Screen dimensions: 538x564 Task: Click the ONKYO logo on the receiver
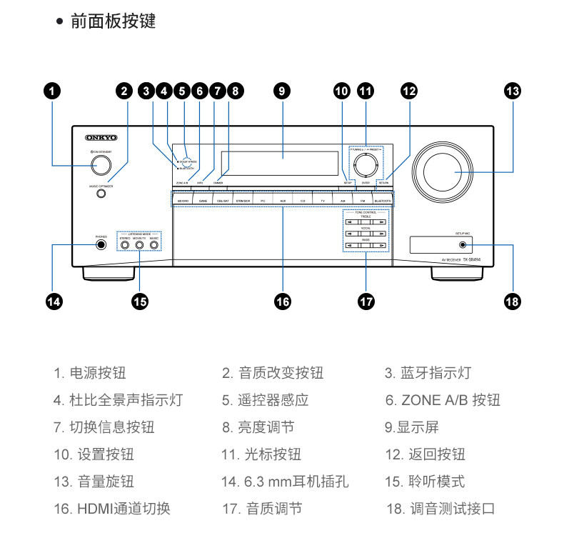coord(101,136)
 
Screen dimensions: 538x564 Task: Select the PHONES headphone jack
coord(101,245)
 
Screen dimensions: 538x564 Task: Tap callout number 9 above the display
coord(282,91)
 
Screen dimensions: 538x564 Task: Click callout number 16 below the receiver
coord(283,301)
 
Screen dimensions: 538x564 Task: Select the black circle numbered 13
coord(512,91)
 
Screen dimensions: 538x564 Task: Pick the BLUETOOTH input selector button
coord(383,201)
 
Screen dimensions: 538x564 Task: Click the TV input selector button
coord(323,201)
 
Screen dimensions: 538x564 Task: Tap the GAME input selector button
coord(203,201)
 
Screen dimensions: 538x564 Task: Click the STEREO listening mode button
coord(125,245)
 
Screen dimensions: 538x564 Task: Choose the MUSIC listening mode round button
coord(153,245)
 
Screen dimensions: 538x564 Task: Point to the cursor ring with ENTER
coord(366,163)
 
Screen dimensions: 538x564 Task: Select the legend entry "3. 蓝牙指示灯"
coord(428,373)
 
